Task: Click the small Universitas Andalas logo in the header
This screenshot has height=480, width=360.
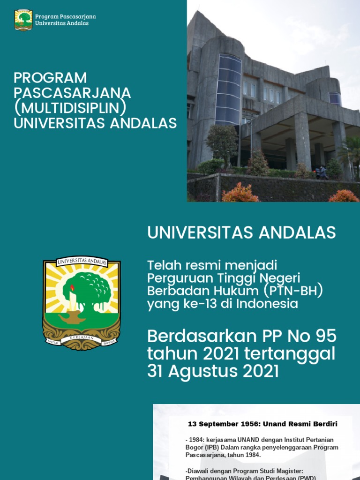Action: (x=23, y=20)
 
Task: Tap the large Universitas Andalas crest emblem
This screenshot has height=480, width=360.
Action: (x=82, y=303)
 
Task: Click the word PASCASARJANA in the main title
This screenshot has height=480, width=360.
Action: (x=72, y=93)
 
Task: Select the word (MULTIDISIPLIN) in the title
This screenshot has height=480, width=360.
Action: (x=70, y=108)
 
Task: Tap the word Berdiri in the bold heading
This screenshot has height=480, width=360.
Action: (x=324, y=424)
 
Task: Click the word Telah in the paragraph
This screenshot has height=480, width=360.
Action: (x=162, y=264)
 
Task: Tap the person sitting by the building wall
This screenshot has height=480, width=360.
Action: (x=322, y=172)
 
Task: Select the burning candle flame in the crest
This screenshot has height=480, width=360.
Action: (x=72, y=287)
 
